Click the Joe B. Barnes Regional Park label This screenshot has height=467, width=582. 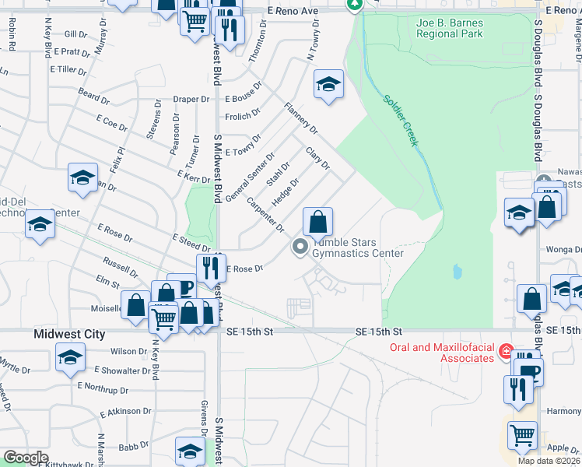pos(449,28)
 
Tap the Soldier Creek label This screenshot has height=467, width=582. pos(401,120)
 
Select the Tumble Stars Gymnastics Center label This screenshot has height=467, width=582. pos(357,248)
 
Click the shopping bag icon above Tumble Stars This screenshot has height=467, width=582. pos(317,223)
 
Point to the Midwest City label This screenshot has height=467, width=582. pos(69,334)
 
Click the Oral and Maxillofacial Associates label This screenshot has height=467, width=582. pos(443,353)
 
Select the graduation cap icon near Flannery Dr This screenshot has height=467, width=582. pos(328,85)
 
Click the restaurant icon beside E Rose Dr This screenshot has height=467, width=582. pos(210,269)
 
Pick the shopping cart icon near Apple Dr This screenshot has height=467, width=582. pos(522,436)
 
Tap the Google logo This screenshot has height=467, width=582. pos(26,458)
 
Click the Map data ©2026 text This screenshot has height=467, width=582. pos(549,461)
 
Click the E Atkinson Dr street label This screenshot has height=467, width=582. pos(126,411)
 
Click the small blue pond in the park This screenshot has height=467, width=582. pos(456,272)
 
